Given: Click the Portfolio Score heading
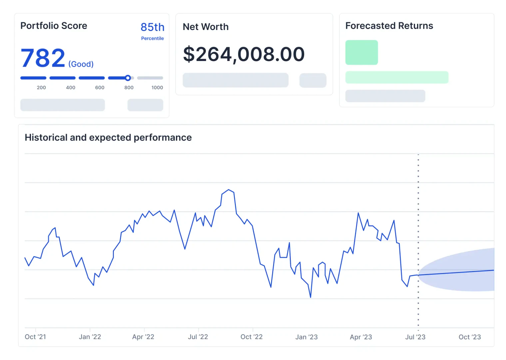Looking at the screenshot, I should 54,26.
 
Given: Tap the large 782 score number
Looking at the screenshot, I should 43,58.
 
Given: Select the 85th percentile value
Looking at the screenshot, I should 152,27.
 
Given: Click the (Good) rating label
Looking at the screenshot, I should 81,64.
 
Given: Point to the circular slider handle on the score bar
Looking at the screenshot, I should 128,78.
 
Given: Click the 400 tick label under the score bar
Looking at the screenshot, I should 71,88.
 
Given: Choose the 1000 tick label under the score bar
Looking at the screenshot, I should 157,88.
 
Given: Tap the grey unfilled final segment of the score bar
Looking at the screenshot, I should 150,78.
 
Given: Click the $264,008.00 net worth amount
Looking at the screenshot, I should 244,54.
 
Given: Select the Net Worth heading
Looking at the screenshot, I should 206,27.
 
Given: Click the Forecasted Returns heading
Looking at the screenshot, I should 389,26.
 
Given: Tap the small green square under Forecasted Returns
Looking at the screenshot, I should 361,52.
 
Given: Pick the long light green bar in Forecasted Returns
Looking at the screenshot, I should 397,77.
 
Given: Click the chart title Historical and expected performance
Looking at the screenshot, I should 108,137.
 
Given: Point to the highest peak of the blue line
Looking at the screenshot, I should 229,190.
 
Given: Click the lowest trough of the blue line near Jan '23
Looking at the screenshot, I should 310,297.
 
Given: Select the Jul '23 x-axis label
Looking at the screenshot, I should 415,337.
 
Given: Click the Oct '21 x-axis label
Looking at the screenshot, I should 35,337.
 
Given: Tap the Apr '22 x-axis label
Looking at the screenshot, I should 143,337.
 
